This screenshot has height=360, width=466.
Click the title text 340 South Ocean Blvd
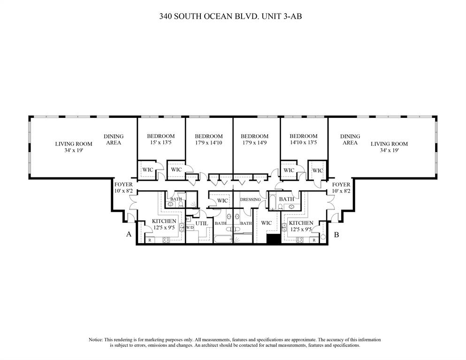coord(233,16)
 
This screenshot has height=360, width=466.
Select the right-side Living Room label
coord(389,144)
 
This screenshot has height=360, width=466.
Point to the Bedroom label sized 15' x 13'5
coord(161,136)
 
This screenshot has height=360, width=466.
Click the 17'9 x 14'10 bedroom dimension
coord(208,142)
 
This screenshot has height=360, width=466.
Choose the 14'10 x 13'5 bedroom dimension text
coord(303,142)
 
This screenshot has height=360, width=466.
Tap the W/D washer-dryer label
coord(190,228)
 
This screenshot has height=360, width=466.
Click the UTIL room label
coord(202,224)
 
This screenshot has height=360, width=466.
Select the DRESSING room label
coord(250,199)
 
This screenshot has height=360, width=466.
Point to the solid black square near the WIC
coord(273,238)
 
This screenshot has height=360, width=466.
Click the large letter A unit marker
coord(128,234)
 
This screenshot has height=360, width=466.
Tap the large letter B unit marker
coord(336,234)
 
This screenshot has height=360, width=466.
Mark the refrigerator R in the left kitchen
coord(150,240)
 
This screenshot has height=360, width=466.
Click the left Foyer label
coord(123,184)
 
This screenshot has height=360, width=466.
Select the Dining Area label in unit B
coord(350,139)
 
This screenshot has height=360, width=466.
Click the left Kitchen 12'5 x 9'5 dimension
coord(164,228)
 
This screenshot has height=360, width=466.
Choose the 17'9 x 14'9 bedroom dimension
coord(256,142)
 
